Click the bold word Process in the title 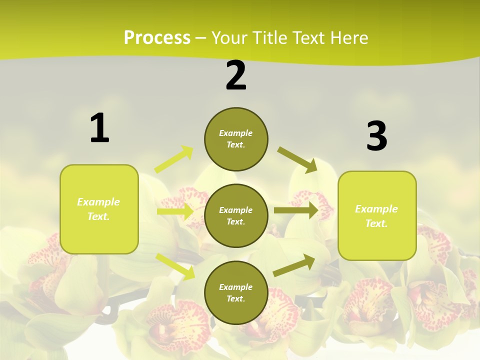pyautogui.click(x=157, y=37)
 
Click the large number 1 pyautogui.click(x=99, y=128)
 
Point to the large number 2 pyautogui.click(x=236, y=75)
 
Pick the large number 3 pyautogui.click(x=376, y=136)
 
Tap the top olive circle pyautogui.click(x=236, y=139)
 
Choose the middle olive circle pyautogui.click(x=236, y=215)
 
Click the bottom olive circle pyautogui.click(x=236, y=292)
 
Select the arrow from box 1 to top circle pyautogui.click(x=174, y=159)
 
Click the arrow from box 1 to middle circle pyautogui.click(x=175, y=211)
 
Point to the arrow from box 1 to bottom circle pyautogui.click(x=175, y=266)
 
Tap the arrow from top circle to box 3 pyautogui.click(x=297, y=160)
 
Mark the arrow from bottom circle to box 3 pyautogui.click(x=294, y=265)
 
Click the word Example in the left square pyautogui.click(x=98, y=202)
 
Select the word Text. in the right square pyautogui.click(x=376, y=223)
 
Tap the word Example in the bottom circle pyautogui.click(x=236, y=287)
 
